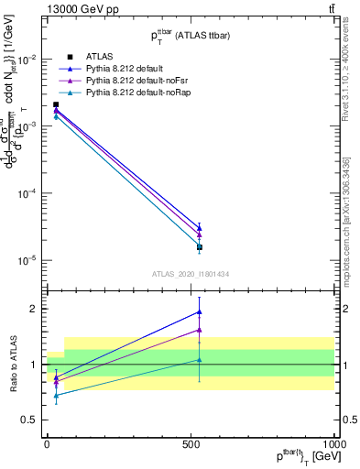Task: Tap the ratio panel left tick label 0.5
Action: (32, 420)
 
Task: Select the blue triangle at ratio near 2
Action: (199, 312)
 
